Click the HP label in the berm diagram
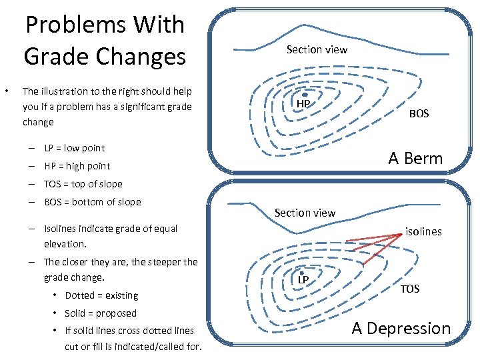click(303, 104)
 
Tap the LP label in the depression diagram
click(303, 279)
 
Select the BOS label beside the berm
click(419, 114)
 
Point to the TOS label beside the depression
click(410, 289)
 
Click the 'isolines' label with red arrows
click(423, 231)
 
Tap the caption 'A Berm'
click(415, 158)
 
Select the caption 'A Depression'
click(401, 328)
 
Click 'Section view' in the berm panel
click(317, 49)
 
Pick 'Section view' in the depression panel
click(305, 213)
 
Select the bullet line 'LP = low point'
click(75, 148)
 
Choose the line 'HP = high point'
click(77, 166)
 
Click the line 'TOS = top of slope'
click(83, 184)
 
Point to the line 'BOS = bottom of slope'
click(93, 202)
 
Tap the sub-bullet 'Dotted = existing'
click(101, 295)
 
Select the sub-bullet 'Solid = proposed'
click(101, 313)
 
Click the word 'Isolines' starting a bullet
click(60, 229)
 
